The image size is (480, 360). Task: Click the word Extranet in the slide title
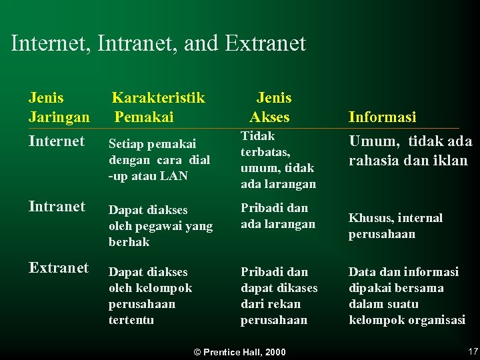tap(265, 44)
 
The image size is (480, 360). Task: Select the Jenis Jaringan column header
tap(59, 107)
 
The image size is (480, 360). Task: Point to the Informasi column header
tap(382, 117)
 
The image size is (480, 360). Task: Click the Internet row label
tap(57, 141)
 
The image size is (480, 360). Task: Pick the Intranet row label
tap(57, 207)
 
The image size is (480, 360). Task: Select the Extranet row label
tap(59, 268)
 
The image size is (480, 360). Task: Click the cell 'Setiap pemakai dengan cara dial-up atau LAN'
tap(159, 160)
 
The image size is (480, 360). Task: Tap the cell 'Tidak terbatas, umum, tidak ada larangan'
tap(278, 160)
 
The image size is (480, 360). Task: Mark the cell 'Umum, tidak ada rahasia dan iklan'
tap(410, 151)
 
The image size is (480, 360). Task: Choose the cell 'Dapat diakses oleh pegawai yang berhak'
tap(160, 226)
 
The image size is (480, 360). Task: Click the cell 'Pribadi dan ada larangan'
tap(277, 215)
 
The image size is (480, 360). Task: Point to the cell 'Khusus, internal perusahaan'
tap(395, 226)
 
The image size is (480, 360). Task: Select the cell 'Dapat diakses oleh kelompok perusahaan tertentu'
tap(150, 296)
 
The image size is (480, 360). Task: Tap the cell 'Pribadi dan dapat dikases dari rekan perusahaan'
tap(279, 296)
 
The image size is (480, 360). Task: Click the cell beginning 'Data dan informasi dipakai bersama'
tap(407, 296)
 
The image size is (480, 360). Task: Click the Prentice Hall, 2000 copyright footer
tap(239, 352)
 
